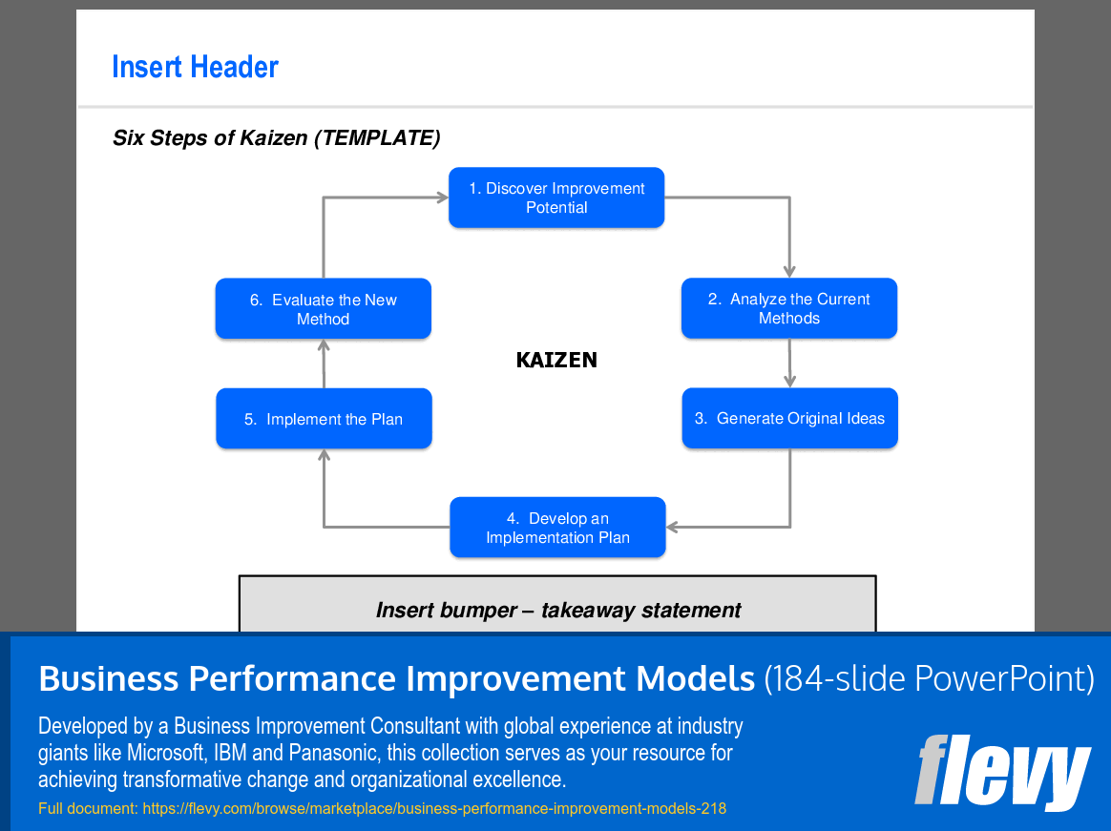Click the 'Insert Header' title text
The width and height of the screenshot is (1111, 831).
coord(195,68)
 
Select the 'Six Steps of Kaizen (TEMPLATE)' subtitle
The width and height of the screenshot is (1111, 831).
coord(277,137)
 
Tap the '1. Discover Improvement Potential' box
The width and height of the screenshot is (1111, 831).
coord(556,197)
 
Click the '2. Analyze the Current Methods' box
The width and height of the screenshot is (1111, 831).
coord(789,308)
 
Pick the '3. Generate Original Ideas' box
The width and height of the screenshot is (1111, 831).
coord(790,418)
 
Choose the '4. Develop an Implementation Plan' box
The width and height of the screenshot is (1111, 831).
coord(557,527)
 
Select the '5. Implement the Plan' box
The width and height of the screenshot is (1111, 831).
coord(324,418)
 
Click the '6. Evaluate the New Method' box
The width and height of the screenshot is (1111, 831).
coord(324,308)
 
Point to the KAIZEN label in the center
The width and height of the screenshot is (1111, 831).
coord(556,360)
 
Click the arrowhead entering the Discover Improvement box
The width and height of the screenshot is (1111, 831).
coord(442,197)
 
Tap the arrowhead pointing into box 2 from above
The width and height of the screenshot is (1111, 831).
coord(789,271)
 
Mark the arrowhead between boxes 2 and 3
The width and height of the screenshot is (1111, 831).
coord(790,381)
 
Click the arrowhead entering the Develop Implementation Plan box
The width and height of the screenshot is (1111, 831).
coord(673,527)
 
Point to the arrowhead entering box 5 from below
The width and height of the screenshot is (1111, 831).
coord(324,455)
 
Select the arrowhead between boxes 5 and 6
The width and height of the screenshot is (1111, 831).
coord(324,345)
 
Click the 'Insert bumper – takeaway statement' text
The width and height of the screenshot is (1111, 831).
coord(558,610)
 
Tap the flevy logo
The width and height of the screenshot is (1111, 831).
coord(1002,772)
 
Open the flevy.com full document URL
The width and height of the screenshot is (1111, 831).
coord(434,808)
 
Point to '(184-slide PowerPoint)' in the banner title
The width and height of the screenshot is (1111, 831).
coord(929,678)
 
